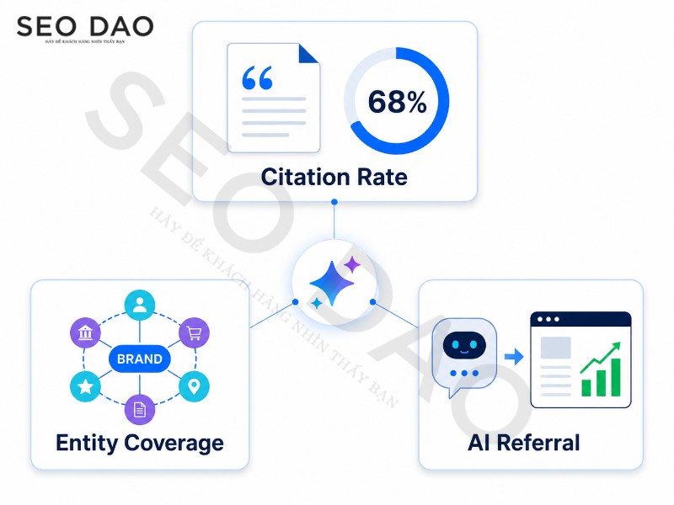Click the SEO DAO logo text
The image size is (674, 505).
point(85,26)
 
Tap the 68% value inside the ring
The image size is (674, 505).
point(397,102)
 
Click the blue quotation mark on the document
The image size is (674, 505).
point(257,77)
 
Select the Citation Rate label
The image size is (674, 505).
point(334,177)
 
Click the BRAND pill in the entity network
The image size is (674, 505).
point(140,359)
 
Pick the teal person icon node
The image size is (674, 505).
point(140,305)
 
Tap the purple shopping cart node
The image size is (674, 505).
point(194,332)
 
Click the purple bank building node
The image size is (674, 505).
point(86,332)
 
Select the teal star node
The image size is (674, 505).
point(86,386)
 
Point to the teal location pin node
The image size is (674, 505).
point(194,386)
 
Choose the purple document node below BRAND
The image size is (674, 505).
point(140,409)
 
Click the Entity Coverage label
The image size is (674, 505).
point(140,444)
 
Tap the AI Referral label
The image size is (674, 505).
point(524,443)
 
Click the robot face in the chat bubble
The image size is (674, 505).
point(464,345)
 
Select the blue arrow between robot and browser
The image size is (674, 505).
point(514,356)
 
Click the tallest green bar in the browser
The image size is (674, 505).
point(616,377)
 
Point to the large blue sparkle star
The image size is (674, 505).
point(332,284)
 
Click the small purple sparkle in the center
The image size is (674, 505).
point(352,264)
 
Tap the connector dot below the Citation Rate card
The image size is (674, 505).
point(334,202)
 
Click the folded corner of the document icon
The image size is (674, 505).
point(308,53)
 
